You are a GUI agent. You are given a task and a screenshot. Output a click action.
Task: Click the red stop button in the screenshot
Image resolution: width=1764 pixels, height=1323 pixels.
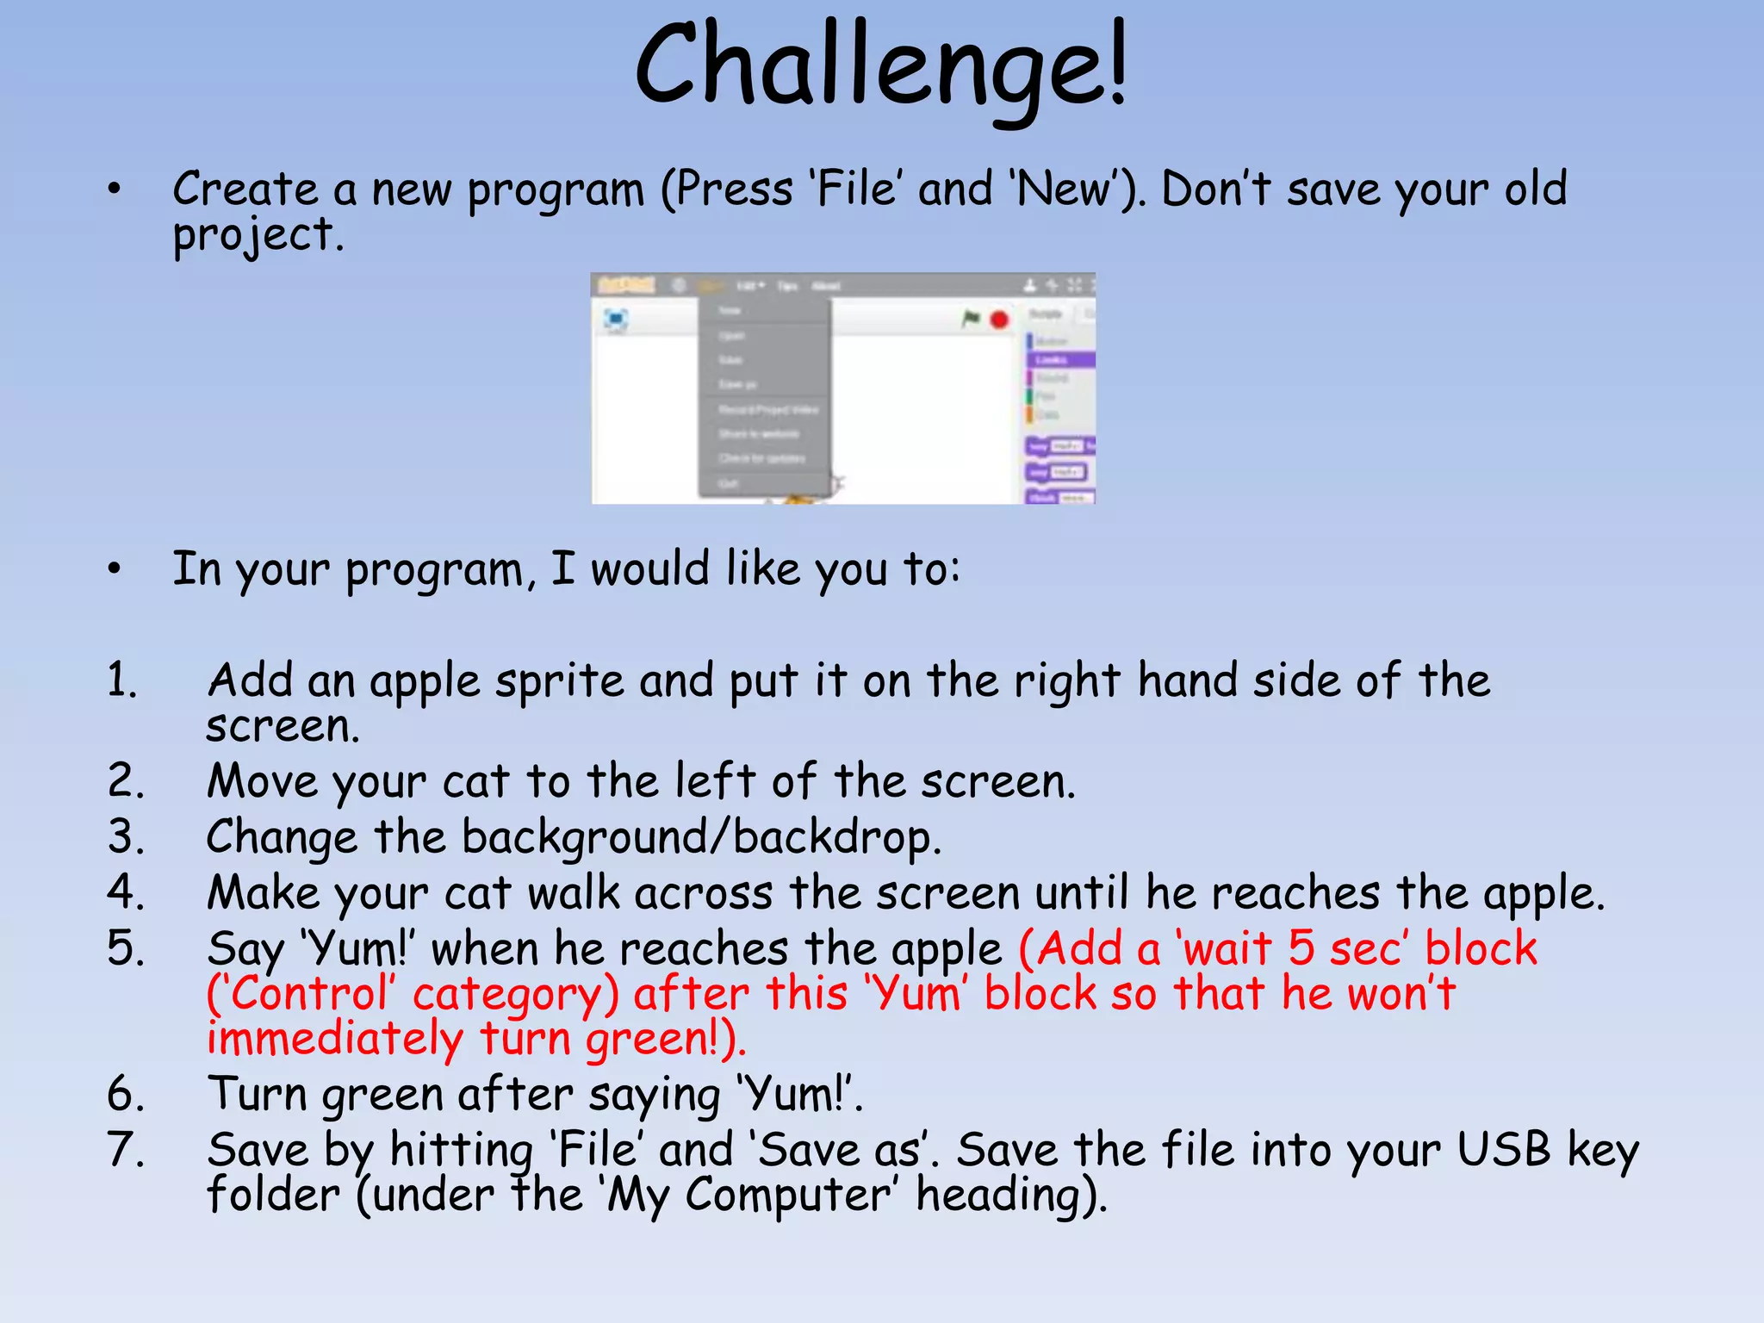(999, 320)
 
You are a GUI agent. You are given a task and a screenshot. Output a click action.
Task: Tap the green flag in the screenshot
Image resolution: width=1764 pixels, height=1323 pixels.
(971, 320)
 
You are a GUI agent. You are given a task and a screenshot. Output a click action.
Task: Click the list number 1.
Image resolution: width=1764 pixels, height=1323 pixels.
(123, 680)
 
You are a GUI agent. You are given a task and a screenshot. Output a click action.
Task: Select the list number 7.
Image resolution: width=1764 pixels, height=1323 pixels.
(126, 1150)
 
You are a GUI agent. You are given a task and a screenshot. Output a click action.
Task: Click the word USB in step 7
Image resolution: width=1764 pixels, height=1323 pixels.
(1503, 1150)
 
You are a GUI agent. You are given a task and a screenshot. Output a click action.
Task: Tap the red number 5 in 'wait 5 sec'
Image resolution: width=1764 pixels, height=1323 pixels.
(1301, 948)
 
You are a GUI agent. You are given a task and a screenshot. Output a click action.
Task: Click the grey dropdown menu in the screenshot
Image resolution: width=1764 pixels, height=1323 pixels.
(764, 396)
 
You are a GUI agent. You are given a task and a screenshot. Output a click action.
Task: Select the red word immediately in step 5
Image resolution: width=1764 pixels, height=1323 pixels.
(334, 1039)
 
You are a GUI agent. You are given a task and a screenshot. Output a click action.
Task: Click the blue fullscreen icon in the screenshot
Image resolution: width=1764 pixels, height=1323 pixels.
(616, 320)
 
